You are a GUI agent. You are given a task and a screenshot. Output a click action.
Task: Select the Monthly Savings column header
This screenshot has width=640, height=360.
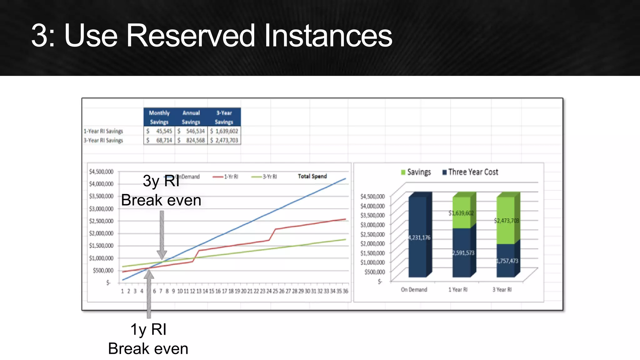pos(159,117)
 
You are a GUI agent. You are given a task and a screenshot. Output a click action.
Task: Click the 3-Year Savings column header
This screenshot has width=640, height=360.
pos(224,117)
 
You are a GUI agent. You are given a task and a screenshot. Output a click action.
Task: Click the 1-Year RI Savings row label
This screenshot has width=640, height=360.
pos(103,131)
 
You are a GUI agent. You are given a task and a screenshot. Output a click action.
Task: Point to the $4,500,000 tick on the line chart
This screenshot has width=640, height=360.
pos(101,172)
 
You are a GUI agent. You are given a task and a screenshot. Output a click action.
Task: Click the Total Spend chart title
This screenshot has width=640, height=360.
pos(312,176)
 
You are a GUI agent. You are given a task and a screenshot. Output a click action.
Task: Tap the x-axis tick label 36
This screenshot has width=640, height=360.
pos(345,291)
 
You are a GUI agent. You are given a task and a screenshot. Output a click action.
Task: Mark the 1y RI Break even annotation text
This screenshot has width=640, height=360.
pos(148,339)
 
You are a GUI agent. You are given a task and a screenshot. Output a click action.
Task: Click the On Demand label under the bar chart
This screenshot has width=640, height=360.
pos(414,290)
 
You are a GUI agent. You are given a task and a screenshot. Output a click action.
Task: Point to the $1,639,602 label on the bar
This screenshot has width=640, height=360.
pos(461,213)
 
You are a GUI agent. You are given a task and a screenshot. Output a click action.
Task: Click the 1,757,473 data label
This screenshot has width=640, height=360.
pos(507,261)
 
